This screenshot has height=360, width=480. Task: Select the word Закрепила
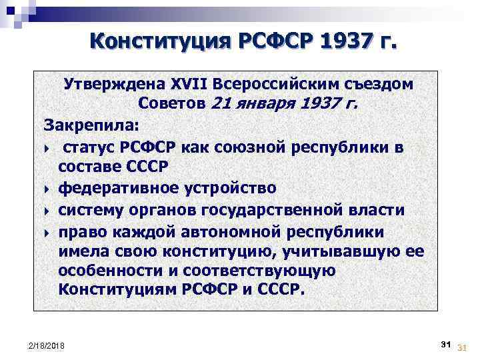click(83, 124)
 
